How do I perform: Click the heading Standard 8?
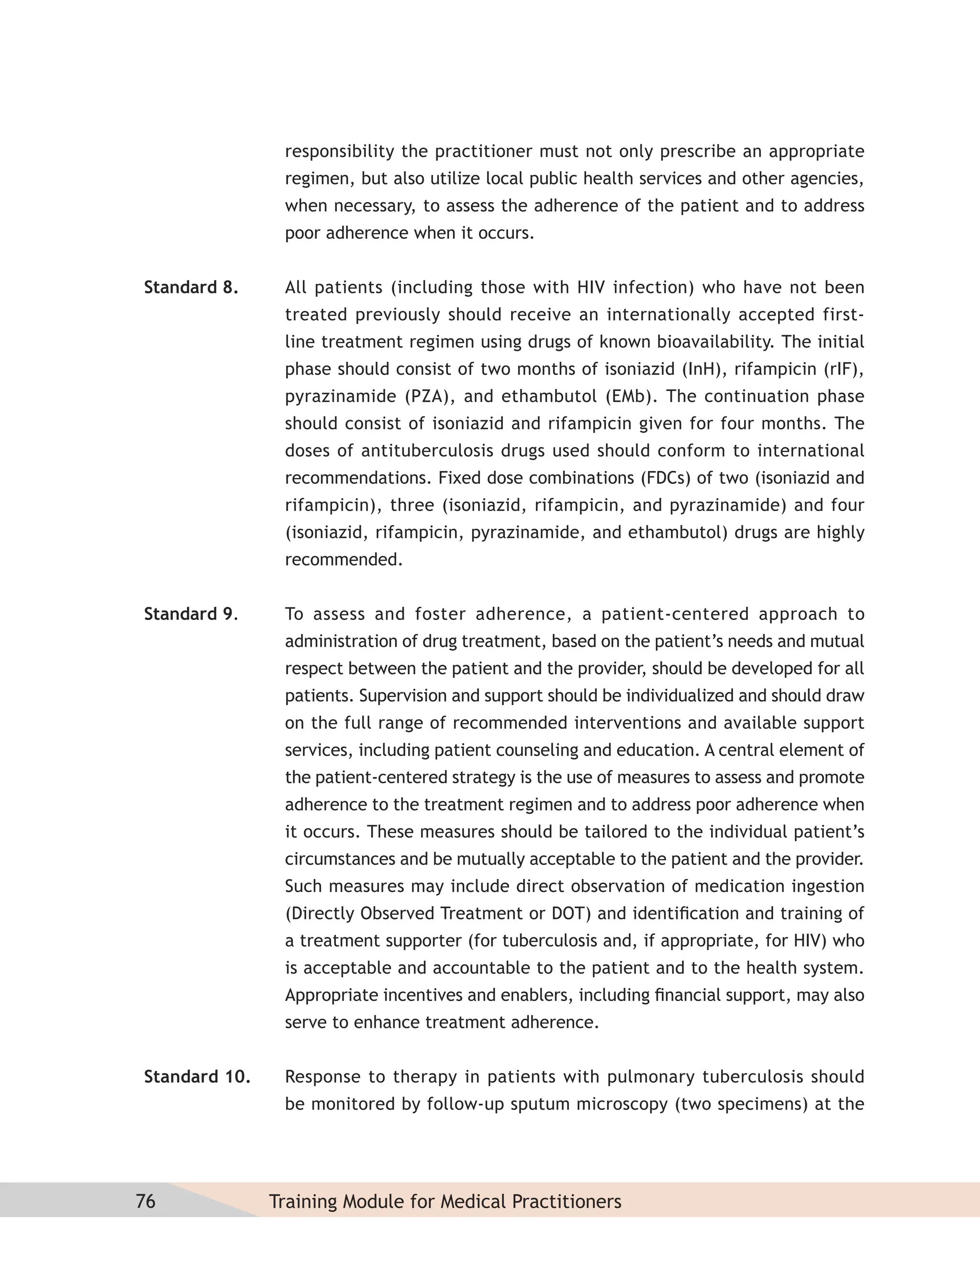pyautogui.click(x=191, y=288)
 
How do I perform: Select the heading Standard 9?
pyautogui.click(x=191, y=614)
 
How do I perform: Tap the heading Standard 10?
pyautogui.click(x=197, y=1077)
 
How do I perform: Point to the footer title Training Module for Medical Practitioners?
pyautogui.click(x=445, y=1201)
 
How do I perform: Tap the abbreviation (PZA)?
pyautogui.click(x=429, y=397)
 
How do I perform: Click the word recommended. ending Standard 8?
pyautogui.click(x=344, y=560)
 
